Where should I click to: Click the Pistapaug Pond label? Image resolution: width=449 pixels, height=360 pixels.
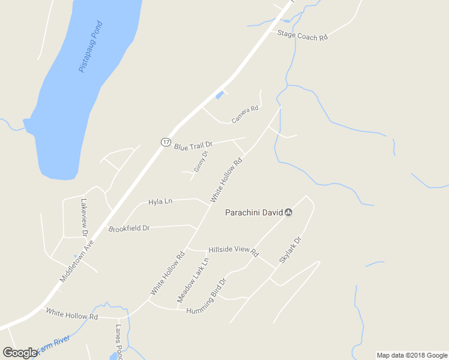[91, 47]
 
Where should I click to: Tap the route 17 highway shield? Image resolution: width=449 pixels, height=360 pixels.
[166, 142]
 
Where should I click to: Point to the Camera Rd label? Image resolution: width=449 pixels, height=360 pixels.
[245, 114]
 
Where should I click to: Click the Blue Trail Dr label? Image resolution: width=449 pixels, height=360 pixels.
[193, 145]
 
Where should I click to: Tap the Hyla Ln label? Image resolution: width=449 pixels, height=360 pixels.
[160, 202]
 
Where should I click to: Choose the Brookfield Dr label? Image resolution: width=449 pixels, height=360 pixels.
[128, 229]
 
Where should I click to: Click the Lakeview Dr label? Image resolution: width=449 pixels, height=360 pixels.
[84, 217]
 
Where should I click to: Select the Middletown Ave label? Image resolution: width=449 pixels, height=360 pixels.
[77, 262]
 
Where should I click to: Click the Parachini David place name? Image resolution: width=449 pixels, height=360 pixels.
[253, 212]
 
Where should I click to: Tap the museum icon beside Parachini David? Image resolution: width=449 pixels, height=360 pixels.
[288, 212]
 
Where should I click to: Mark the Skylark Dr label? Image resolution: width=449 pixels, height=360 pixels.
[289, 251]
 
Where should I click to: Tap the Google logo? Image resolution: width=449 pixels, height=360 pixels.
[20, 353]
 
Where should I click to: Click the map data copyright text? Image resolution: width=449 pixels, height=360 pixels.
[412, 355]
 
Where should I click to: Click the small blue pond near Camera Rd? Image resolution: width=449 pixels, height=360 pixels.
[220, 95]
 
